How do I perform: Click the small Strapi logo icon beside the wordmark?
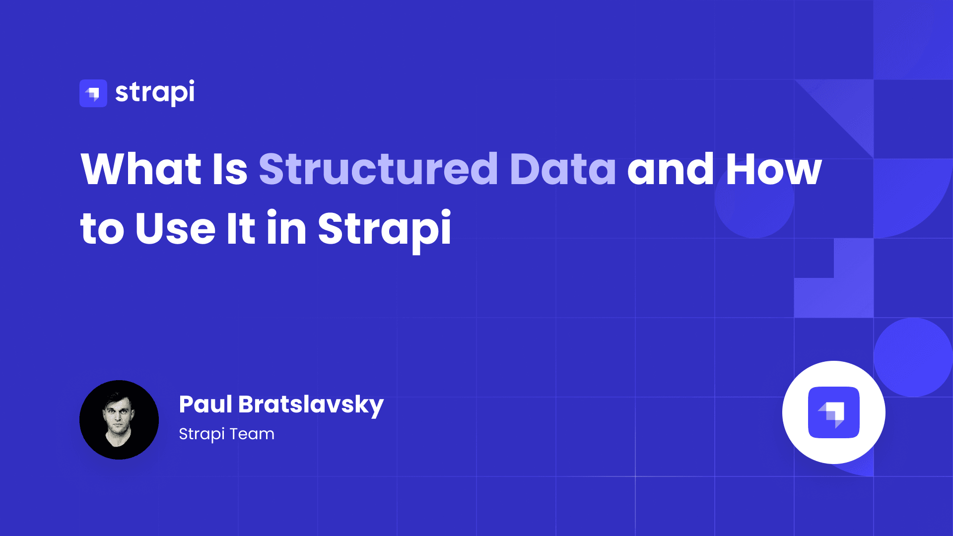click(x=93, y=93)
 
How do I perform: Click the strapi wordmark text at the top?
click(x=155, y=93)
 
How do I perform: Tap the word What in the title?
click(x=141, y=169)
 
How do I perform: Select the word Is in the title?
click(x=230, y=169)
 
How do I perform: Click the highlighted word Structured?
click(x=378, y=169)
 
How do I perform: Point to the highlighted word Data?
click(x=562, y=169)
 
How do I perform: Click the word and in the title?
click(x=671, y=169)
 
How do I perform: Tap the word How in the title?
click(x=773, y=169)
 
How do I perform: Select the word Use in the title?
click(x=175, y=229)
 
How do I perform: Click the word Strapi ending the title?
click(x=385, y=229)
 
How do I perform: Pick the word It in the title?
click(x=241, y=229)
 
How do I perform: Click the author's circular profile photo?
click(x=119, y=420)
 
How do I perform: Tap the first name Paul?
click(x=205, y=404)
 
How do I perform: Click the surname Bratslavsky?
click(x=311, y=405)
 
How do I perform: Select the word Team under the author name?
click(x=252, y=434)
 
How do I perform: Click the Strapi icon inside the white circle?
click(x=834, y=412)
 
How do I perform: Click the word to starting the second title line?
click(x=102, y=230)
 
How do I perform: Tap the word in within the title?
click(x=286, y=229)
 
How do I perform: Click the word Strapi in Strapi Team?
click(x=202, y=434)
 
